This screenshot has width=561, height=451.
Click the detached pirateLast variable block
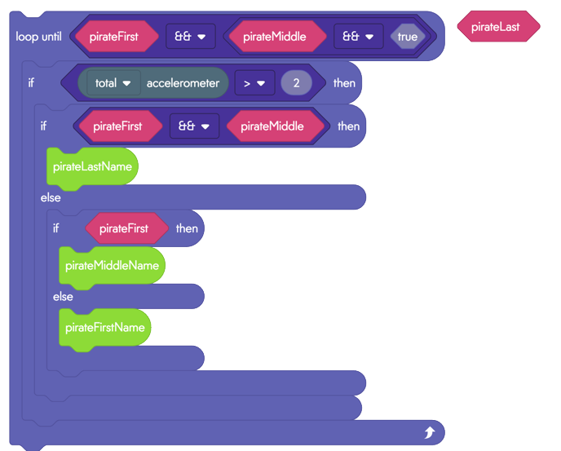tap(498, 26)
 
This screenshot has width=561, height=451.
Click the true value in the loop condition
tap(408, 37)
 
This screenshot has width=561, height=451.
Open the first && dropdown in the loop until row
tap(191, 36)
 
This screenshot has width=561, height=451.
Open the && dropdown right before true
tap(359, 36)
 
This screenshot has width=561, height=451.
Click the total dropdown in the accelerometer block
tap(113, 83)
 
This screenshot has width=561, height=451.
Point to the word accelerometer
tap(183, 83)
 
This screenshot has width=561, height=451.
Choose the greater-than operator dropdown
tap(254, 83)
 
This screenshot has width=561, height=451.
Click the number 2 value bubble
tap(296, 83)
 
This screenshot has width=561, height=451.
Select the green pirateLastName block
tap(92, 167)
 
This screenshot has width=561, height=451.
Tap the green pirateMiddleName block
tap(112, 266)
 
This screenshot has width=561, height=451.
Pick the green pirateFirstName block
tap(105, 328)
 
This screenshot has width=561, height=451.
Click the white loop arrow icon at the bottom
tap(430, 432)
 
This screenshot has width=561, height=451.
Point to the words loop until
tap(38, 37)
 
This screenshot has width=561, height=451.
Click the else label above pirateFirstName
tap(63, 297)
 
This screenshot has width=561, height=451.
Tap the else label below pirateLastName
tap(51, 197)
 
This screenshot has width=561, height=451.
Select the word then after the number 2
tap(345, 83)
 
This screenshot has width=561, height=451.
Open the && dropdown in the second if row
tap(194, 126)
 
